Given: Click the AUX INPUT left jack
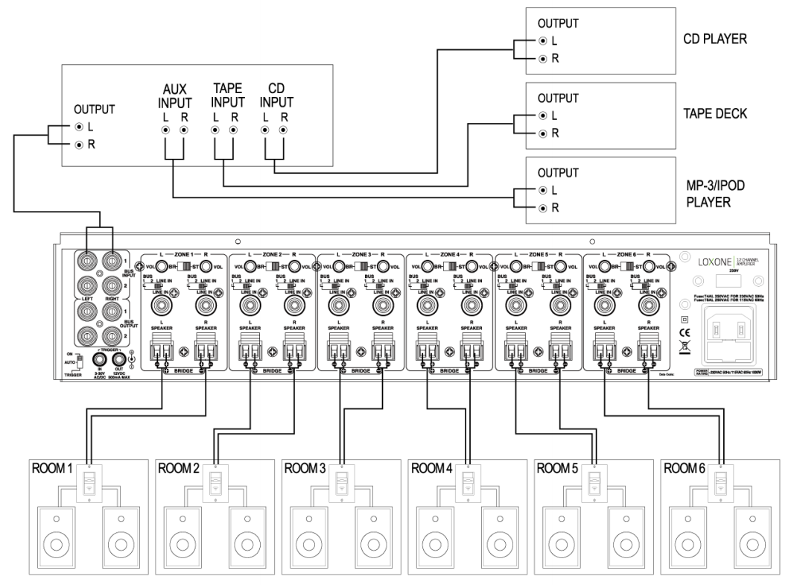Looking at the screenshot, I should [165, 130].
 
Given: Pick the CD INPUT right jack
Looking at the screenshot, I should [283, 130].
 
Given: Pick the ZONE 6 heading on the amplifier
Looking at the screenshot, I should [628, 254].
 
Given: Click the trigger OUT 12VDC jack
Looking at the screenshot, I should [118, 360].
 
